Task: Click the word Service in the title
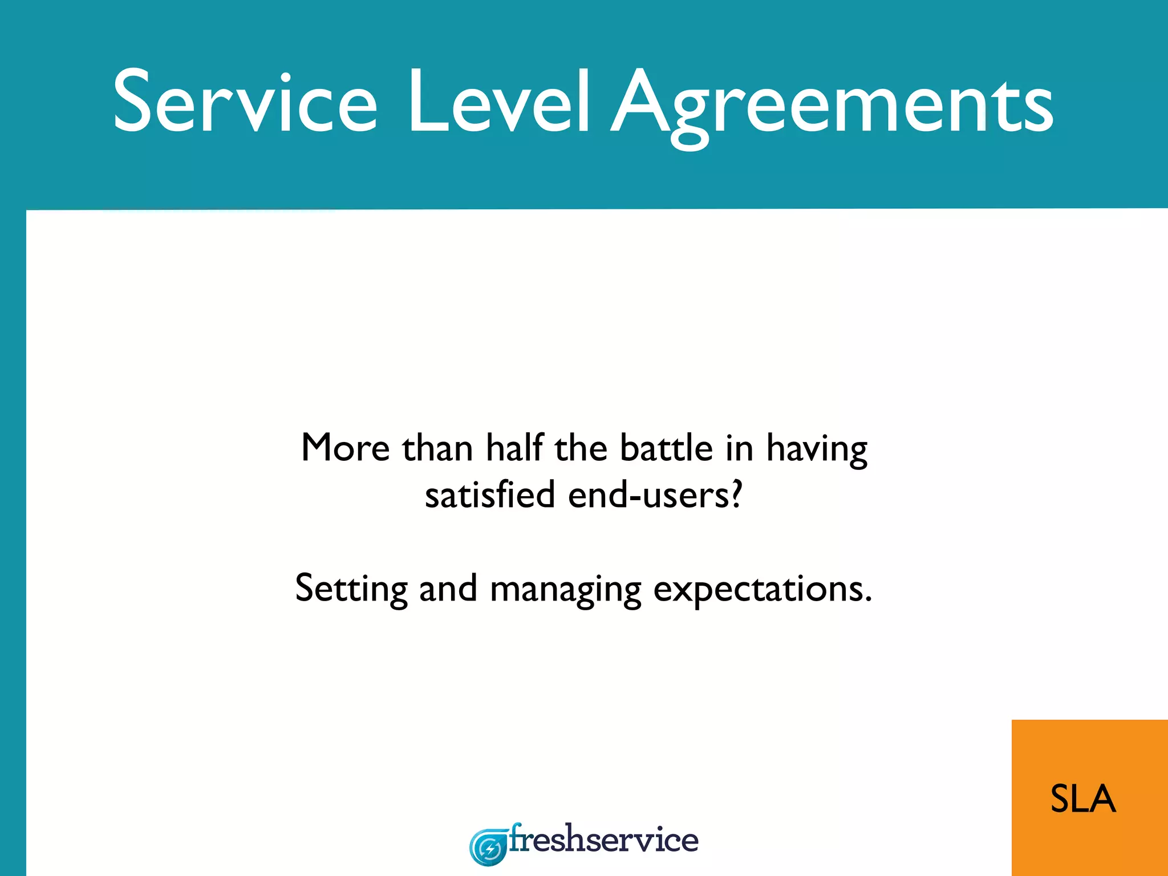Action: point(245,103)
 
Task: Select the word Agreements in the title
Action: point(833,106)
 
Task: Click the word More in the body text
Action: point(345,448)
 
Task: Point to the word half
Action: point(514,448)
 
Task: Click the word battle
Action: point(666,448)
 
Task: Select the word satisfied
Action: point(490,494)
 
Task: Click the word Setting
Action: point(351,589)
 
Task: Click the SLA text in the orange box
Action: point(1082,798)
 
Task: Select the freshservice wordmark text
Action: point(603,840)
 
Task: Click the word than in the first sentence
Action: point(437,448)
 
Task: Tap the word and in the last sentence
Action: point(448,589)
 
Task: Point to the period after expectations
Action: point(868,599)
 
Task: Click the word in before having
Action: point(739,448)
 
